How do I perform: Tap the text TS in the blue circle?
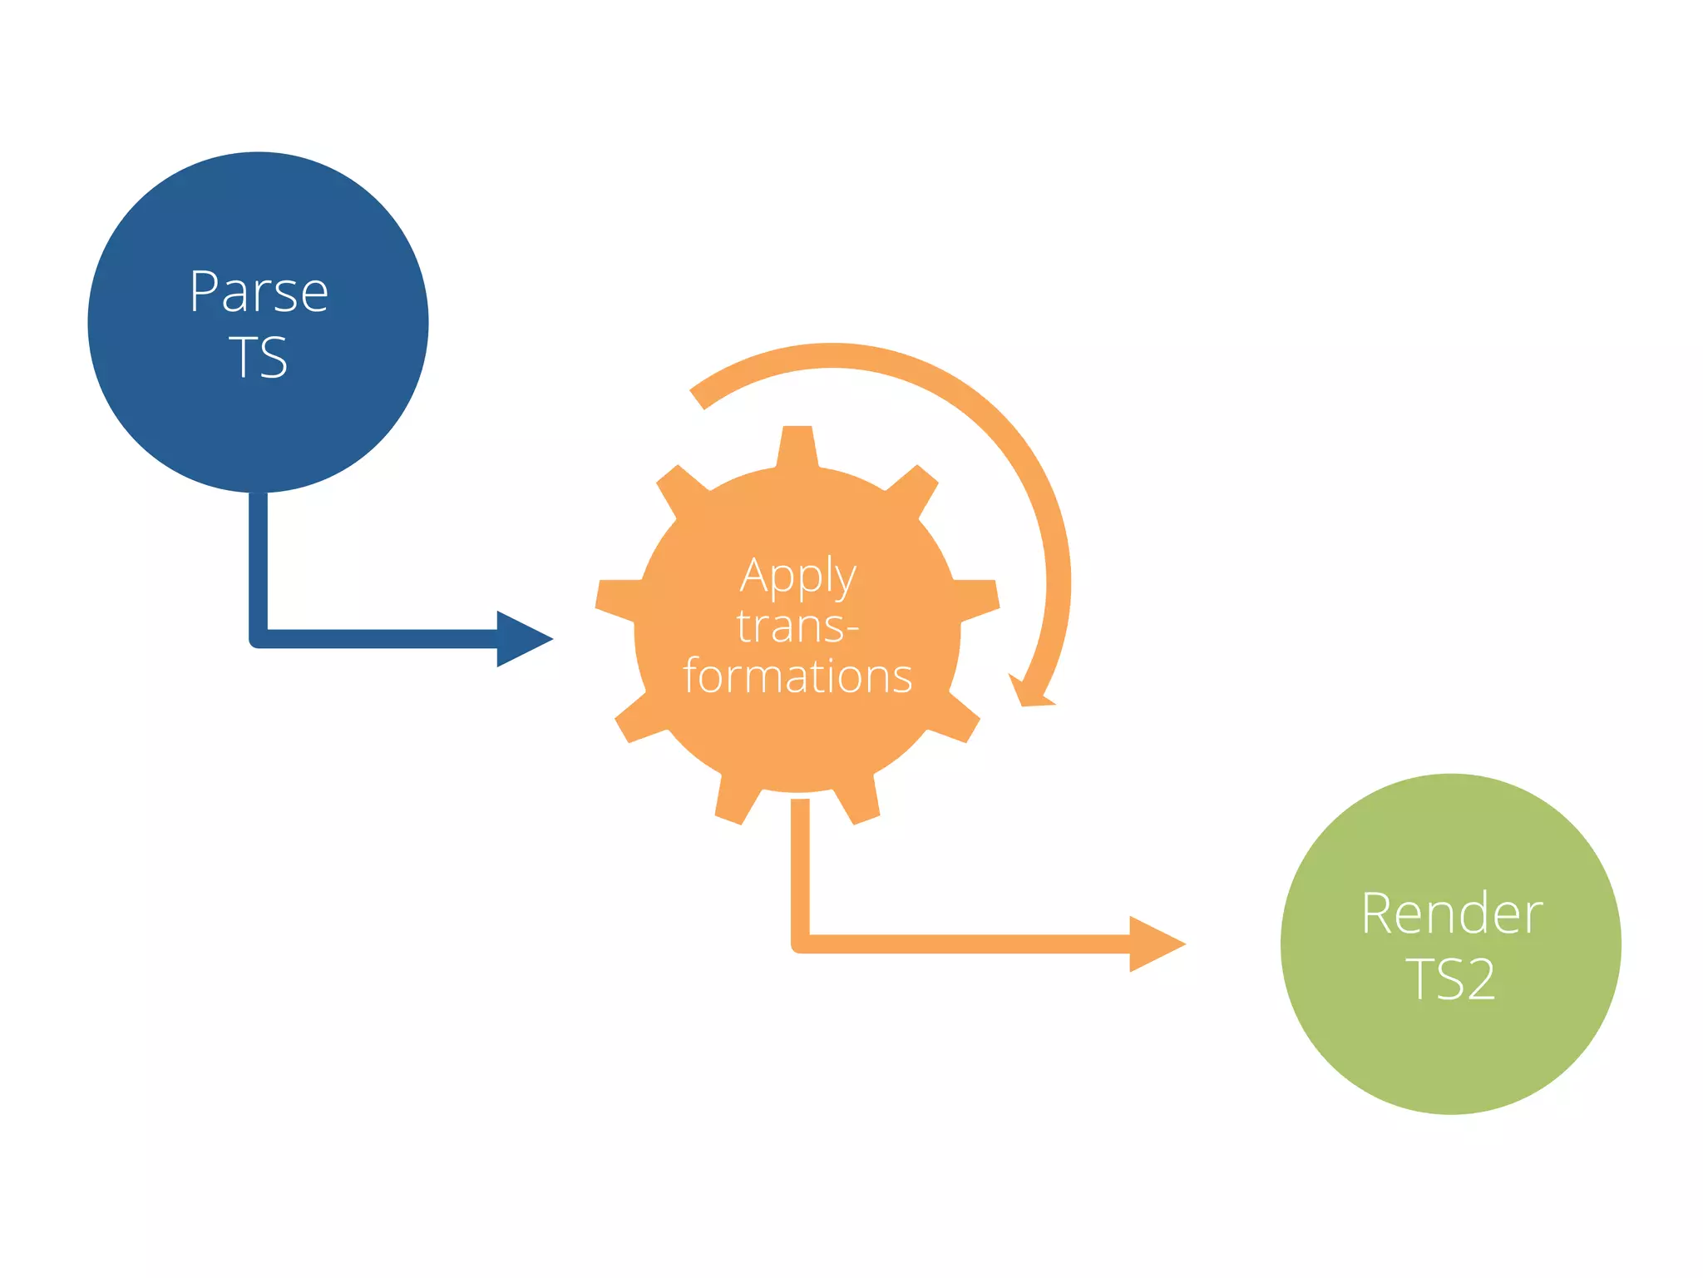pos(259,358)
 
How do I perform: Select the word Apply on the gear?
pos(797,576)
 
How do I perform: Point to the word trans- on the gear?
pos(797,626)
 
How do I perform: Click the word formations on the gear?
pos(797,676)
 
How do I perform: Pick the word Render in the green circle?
pos(1451,914)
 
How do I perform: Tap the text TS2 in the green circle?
pos(1451,979)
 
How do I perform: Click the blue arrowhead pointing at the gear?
pos(521,639)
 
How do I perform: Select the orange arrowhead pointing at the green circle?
pos(1153,944)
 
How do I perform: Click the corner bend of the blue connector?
pos(259,638)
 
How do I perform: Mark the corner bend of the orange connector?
pos(800,944)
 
